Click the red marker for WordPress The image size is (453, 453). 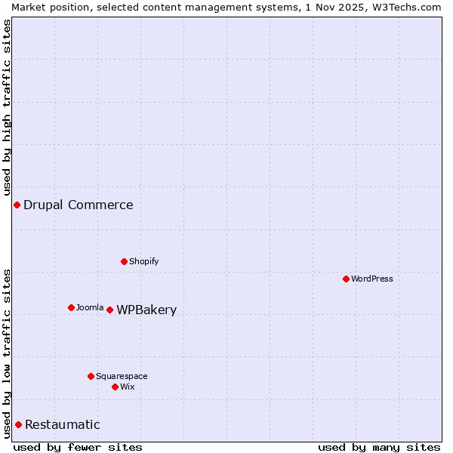346,279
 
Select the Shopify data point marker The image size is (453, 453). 124,261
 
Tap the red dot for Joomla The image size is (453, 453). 71,307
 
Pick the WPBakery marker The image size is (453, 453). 109,310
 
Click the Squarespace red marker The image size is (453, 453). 91,376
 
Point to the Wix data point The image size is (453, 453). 115,387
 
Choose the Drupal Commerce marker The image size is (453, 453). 17,205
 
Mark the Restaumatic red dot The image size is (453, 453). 18,424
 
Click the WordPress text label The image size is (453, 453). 372,279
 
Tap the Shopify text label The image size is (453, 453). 144,261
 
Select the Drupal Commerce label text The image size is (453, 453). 79,205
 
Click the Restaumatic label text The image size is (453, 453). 63,424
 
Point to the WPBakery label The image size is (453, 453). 146,310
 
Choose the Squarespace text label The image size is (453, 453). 122,376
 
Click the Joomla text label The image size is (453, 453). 90,307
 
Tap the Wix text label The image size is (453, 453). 128,387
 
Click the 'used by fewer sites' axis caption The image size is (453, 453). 78,447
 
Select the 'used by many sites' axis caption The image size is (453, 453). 379,447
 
